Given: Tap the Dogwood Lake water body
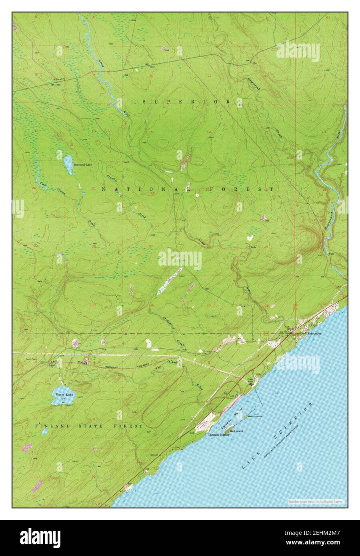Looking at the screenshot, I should click(68, 165).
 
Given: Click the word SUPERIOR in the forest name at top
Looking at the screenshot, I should click(186, 102).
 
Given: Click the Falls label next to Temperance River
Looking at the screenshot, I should click(331, 254).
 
